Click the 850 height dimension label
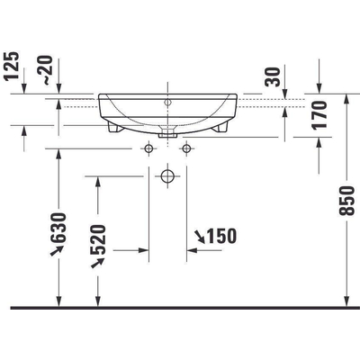pyautogui.click(x=346, y=201)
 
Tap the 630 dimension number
pyautogui.click(x=58, y=228)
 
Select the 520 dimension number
pyautogui.click(x=98, y=239)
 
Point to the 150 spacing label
pyautogui.click(x=221, y=236)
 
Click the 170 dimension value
pyautogui.click(x=319, y=115)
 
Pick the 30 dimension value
pyautogui.click(x=273, y=76)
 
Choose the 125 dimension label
pyautogui.click(x=12, y=66)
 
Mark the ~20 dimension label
pyautogui.click(x=48, y=70)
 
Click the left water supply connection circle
pyautogui.click(x=148, y=148)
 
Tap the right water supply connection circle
pyautogui.click(x=186, y=148)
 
